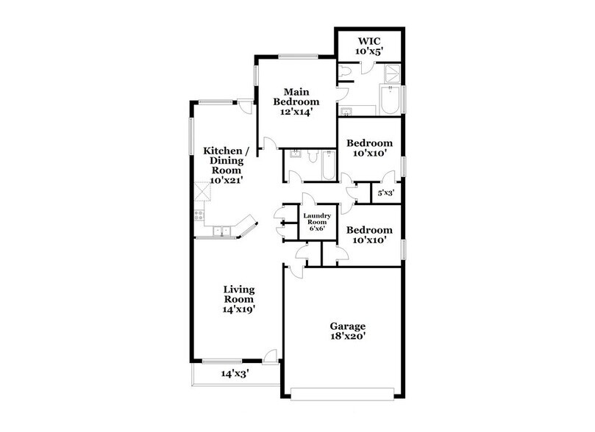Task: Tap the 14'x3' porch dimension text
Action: click(x=236, y=373)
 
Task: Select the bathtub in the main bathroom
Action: click(x=390, y=99)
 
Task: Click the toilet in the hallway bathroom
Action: click(x=313, y=156)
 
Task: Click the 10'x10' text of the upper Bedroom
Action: click(x=369, y=154)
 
